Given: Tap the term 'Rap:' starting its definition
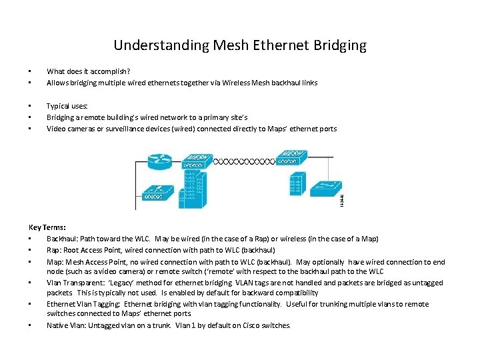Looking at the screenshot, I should pos(54,249).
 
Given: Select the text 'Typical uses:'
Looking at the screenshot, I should pos(67,105).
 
